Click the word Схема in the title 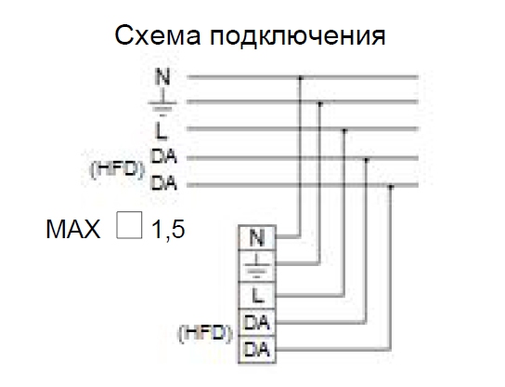(x=158, y=35)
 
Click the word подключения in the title (x=298, y=36)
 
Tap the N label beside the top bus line (x=162, y=76)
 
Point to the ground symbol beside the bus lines (x=162, y=104)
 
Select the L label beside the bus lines (x=162, y=131)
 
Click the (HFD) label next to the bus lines (x=117, y=169)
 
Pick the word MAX (x=73, y=229)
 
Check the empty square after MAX (x=129, y=225)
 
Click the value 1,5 (x=168, y=229)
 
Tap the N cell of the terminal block (x=257, y=237)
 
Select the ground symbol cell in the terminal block (x=257, y=266)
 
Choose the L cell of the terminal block (x=257, y=295)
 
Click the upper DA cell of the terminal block (x=257, y=323)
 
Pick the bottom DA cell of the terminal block (x=257, y=350)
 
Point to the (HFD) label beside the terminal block (x=205, y=333)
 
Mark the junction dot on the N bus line (x=300, y=78)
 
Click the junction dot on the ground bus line (x=320, y=103)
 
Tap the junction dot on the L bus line (x=344, y=130)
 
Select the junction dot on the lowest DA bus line (x=390, y=186)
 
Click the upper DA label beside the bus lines (x=164, y=156)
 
